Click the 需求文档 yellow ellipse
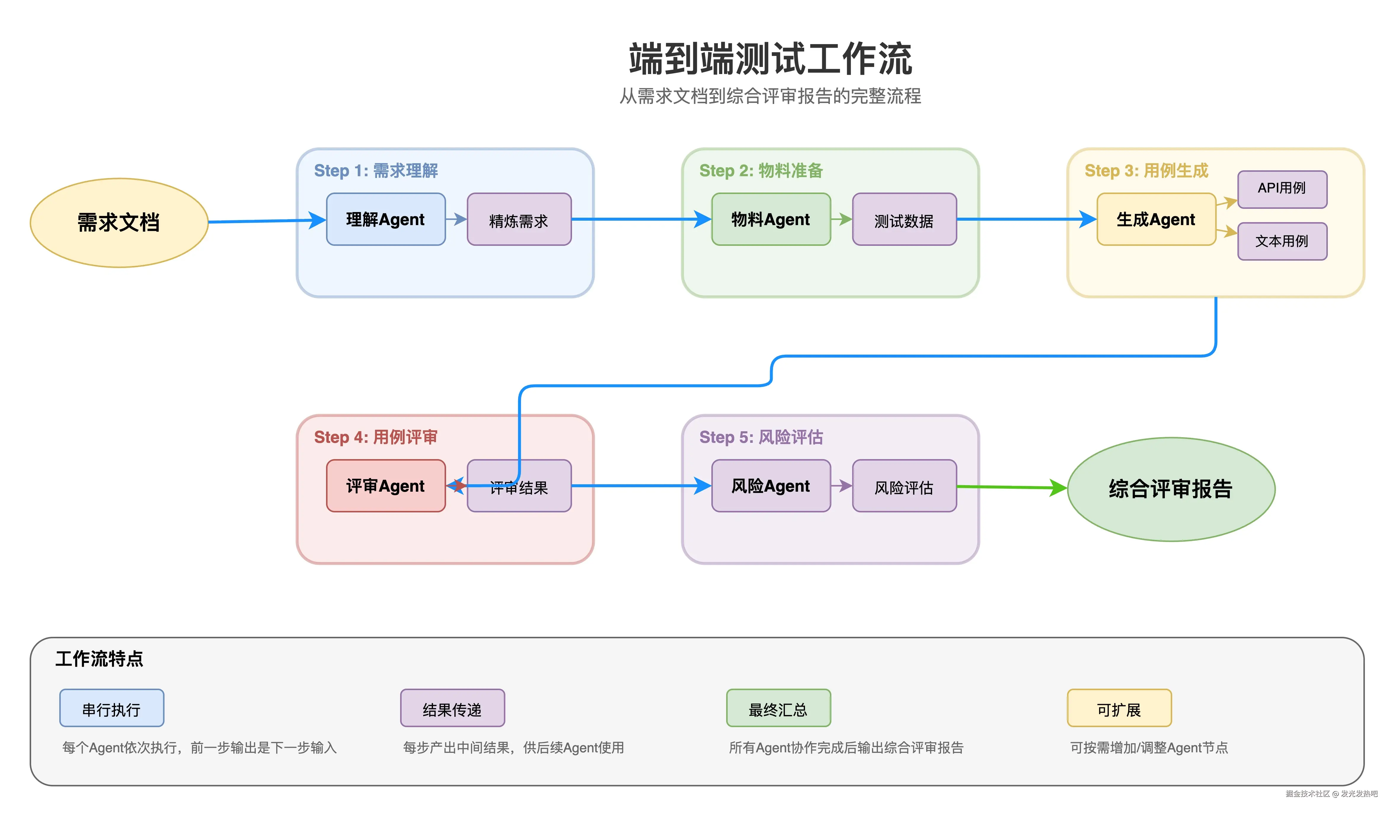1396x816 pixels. point(119,222)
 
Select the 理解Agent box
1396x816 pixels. point(386,219)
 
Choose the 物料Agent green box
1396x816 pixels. point(771,219)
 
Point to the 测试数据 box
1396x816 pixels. point(904,219)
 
